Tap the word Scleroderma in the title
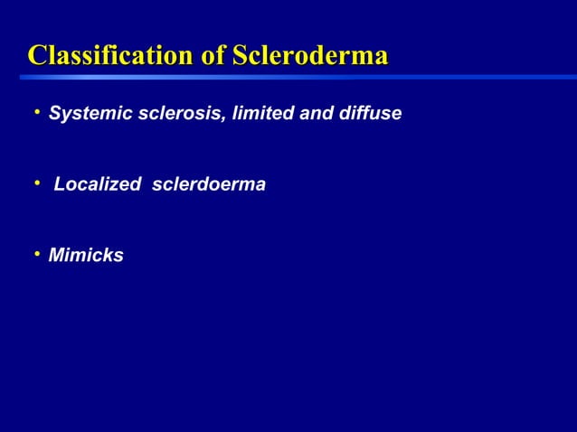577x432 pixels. (310, 56)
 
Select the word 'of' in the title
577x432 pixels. (213, 56)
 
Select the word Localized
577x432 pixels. (97, 185)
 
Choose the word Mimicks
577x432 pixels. (86, 257)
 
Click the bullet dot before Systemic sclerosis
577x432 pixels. (37, 113)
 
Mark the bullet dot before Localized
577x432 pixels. (37, 183)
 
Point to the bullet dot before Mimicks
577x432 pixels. (37, 255)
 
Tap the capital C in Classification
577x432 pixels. (38, 56)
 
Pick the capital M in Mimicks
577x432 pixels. (57, 257)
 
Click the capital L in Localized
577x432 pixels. (60, 185)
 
